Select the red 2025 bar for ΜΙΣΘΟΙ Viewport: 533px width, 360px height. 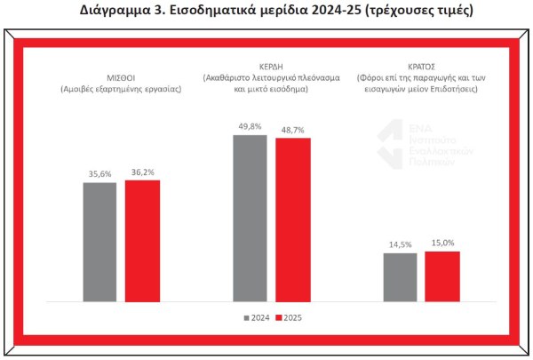pyautogui.click(x=142, y=243)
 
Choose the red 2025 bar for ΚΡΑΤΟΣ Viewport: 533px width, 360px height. pyautogui.click(x=442, y=278)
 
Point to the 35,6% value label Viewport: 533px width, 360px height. pyautogui.click(x=100, y=174)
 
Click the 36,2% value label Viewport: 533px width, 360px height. pyautogui.click(x=142, y=172)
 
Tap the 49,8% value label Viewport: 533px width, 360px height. pyautogui.click(x=250, y=127)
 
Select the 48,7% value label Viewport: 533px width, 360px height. pyautogui.click(x=292, y=131)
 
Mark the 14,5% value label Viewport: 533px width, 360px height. pyautogui.click(x=400, y=245)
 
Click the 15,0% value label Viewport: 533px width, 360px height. pyautogui.click(x=442, y=244)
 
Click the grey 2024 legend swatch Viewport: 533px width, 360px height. pyautogui.click(x=247, y=316)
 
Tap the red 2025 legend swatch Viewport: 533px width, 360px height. pyautogui.click(x=277, y=316)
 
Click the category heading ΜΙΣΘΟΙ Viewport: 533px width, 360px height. pyautogui.click(x=122, y=77)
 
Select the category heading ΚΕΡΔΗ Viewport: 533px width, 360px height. pyautogui.click(x=271, y=77)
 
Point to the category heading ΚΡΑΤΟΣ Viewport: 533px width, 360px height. pyautogui.click(x=420, y=77)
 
